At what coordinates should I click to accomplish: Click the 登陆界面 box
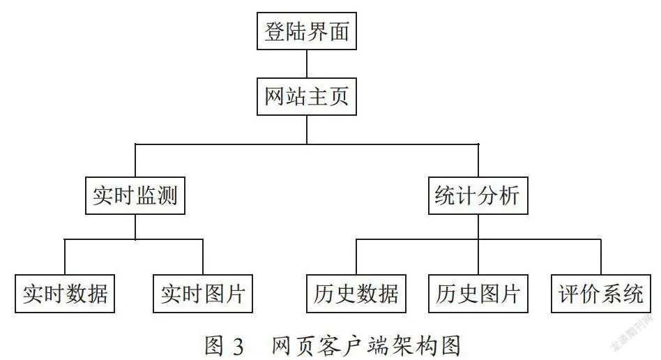[x=307, y=31]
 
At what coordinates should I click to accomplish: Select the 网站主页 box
[x=307, y=97]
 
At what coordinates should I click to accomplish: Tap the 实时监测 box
[x=135, y=196]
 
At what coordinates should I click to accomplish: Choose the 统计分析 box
[x=478, y=196]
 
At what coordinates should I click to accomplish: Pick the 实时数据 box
[x=65, y=294]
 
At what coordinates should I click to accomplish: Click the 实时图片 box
[x=203, y=294]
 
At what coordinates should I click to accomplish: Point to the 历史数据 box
[x=356, y=294]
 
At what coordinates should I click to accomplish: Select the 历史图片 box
[x=478, y=294]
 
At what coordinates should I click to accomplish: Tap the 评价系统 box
[x=601, y=294]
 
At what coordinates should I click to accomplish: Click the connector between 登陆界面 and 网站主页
[x=307, y=63]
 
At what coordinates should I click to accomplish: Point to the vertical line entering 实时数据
[x=65, y=257]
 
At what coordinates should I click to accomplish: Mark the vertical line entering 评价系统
[x=601, y=257]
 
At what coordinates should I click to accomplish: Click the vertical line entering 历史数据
[x=356, y=257]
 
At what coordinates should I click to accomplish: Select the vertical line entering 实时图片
[x=203, y=257]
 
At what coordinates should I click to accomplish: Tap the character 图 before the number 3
[x=214, y=345]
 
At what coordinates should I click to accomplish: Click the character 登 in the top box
[x=275, y=31]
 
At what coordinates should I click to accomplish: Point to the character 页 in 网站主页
[x=338, y=97]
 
